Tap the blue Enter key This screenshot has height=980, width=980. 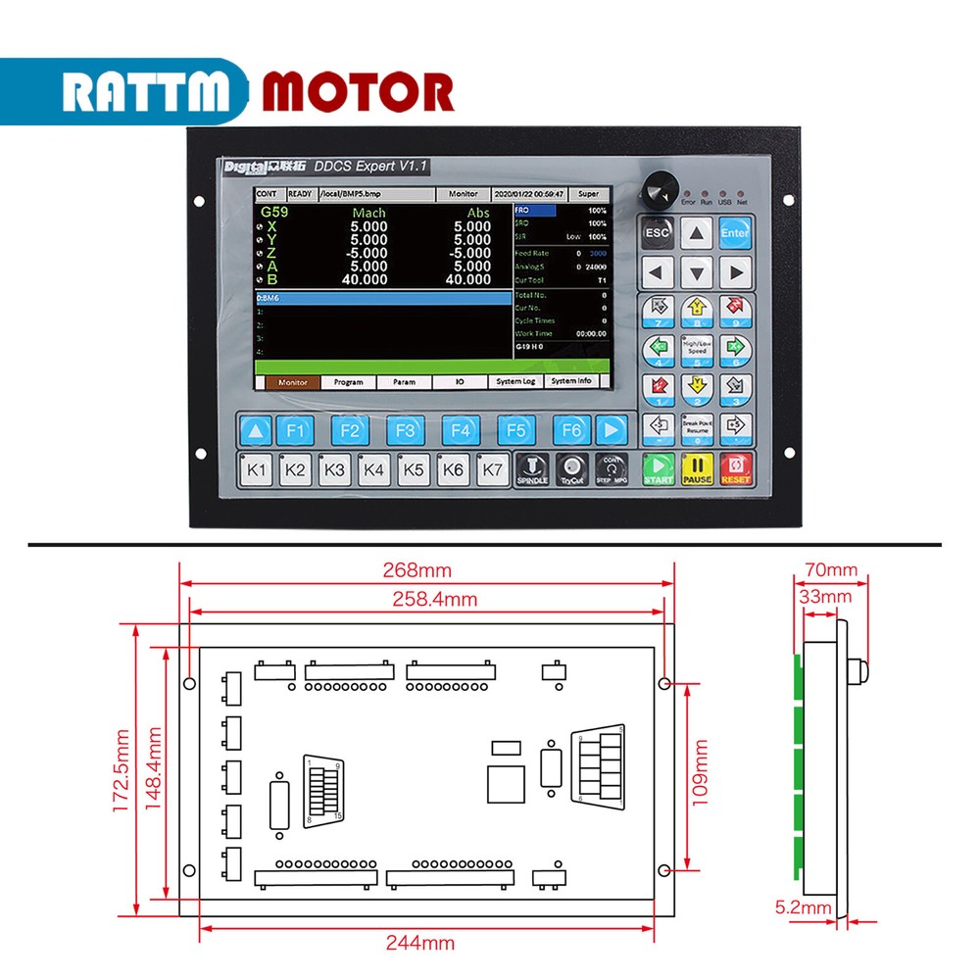(734, 232)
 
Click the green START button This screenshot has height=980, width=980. (658, 469)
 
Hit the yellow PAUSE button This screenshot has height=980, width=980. (697, 469)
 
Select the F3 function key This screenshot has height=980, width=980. (405, 430)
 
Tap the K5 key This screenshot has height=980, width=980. (414, 470)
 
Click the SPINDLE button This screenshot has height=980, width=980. (531, 469)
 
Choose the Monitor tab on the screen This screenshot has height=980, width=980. (293, 382)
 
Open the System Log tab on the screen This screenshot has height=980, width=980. (515, 382)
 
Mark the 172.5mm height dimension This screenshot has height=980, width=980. (122, 770)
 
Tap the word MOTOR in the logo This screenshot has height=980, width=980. (357, 92)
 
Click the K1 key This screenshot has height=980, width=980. (257, 470)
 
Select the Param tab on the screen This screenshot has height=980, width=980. (404, 382)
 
